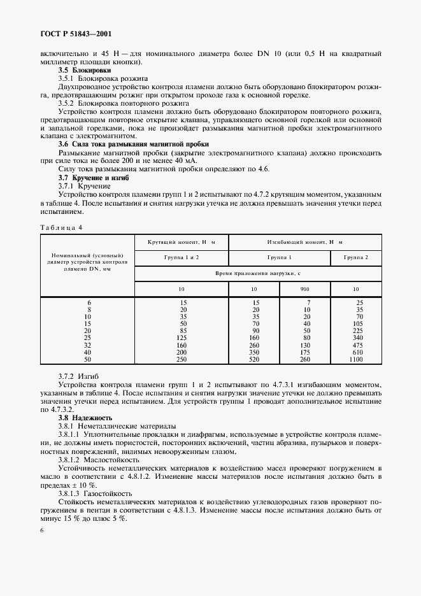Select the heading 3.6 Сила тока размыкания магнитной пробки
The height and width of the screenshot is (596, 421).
(133, 145)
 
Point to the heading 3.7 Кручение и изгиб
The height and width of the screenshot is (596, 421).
(93, 178)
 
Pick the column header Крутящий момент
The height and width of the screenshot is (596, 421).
(181, 243)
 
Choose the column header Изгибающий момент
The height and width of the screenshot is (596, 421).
(304, 243)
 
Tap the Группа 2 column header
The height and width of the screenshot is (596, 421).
(355, 257)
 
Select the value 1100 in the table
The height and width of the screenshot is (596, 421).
(355, 360)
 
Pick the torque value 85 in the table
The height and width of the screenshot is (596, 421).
(182, 330)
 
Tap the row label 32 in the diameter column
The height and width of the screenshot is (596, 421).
(89, 344)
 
